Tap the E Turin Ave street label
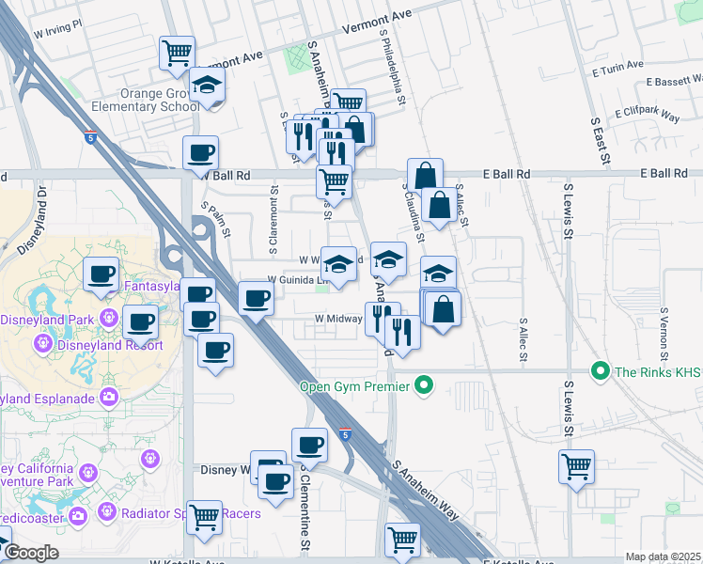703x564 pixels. click(x=617, y=69)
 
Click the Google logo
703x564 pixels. click(x=31, y=553)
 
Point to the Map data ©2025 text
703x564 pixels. click(x=663, y=557)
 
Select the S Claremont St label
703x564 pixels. click(x=275, y=217)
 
